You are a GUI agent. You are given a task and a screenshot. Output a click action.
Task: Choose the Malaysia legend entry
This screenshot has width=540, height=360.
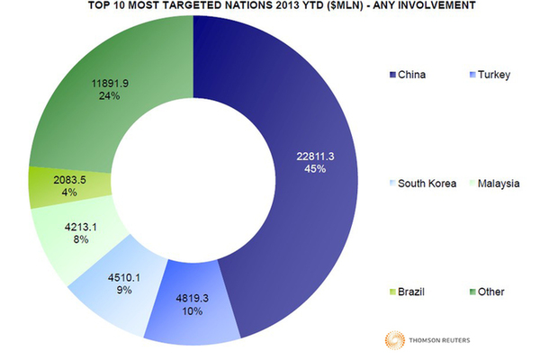coord(501,184)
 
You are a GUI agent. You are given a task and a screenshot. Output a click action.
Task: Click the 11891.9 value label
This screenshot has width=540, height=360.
coord(117,84)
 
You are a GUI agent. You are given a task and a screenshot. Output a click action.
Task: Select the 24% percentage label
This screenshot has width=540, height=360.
coord(117,97)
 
